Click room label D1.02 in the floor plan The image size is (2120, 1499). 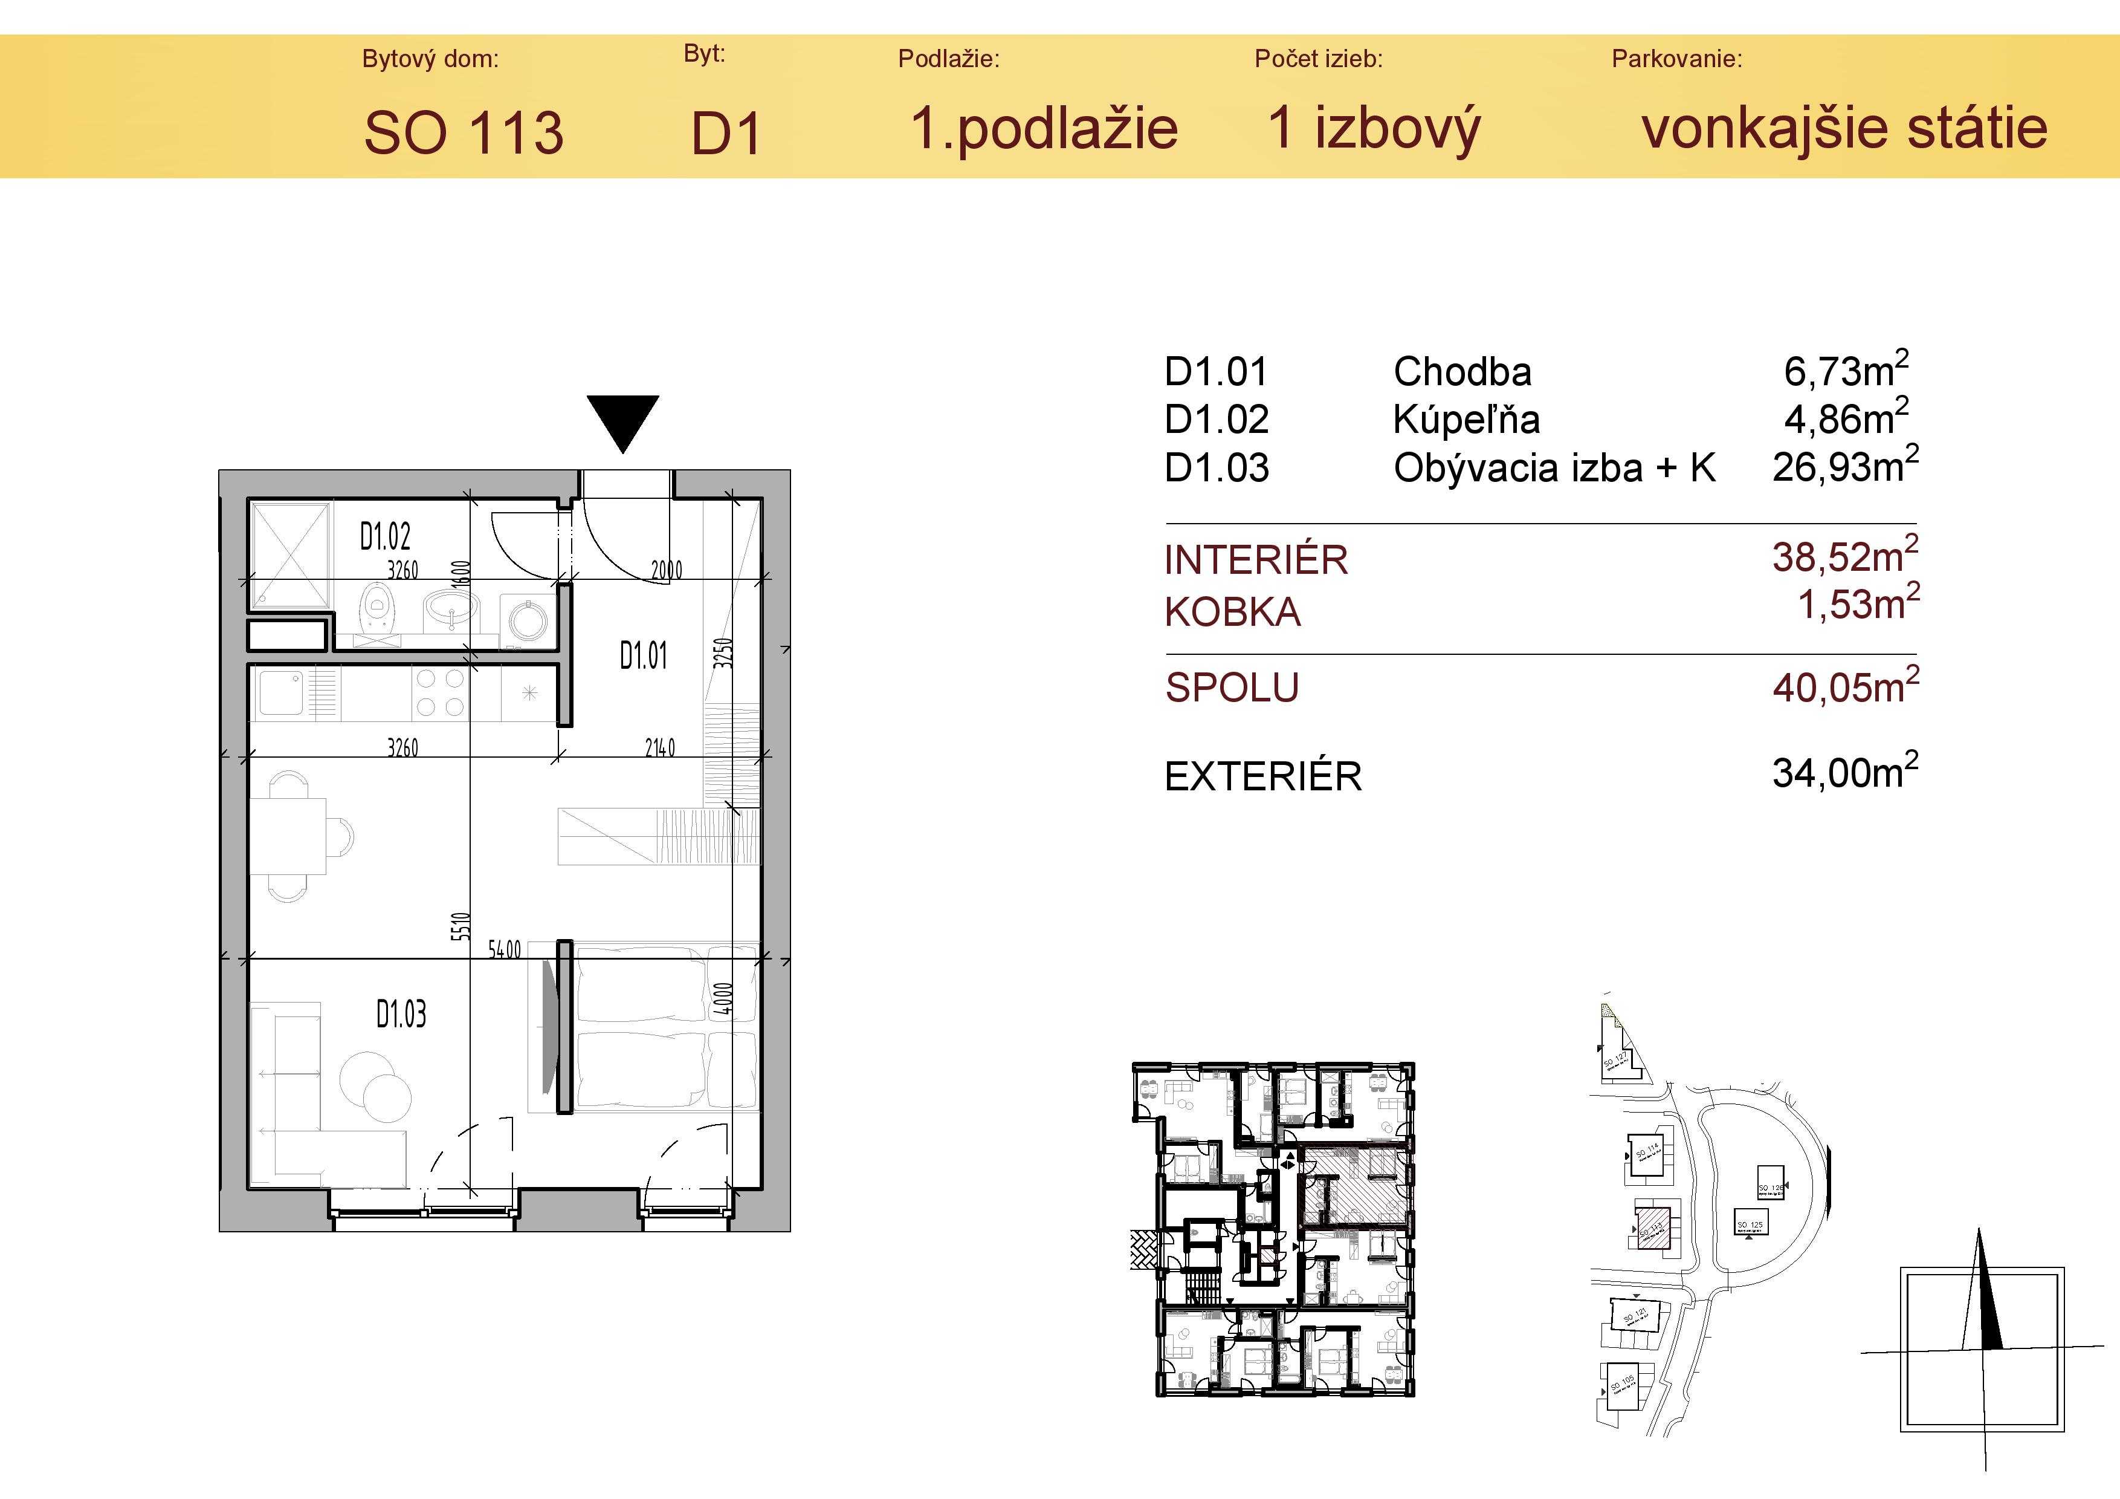pyautogui.click(x=385, y=536)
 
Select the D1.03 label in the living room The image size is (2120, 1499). pyautogui.click(x=401, y=1014)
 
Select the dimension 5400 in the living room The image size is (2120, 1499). pyautogui.click(x=504, y=949)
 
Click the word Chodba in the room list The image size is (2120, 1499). pyautogui.click(x=1462, y=372)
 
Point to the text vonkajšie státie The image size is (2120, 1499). pyautogui.click(x=1844, y=128)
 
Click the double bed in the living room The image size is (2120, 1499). pyautogui.click(x=665, y=1025)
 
